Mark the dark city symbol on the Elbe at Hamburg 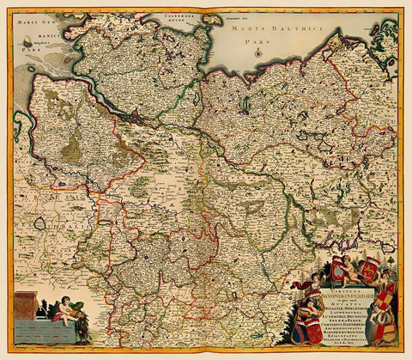[x=130, y=112]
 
